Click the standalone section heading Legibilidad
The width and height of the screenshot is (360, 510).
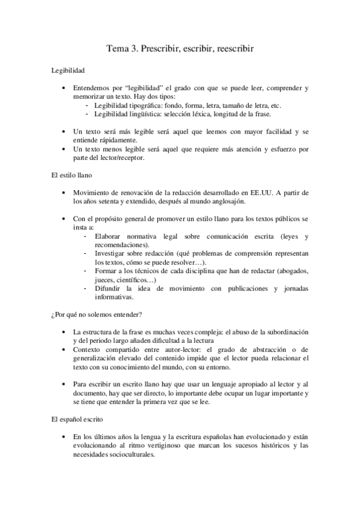coord(67,70)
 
